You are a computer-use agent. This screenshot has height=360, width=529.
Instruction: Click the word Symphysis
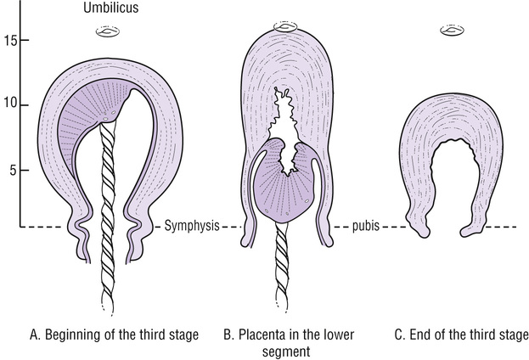click(191, 227)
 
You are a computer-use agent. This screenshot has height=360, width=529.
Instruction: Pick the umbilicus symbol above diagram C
click(452, 31)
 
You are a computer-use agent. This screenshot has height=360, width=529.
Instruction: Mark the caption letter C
click(400, 335)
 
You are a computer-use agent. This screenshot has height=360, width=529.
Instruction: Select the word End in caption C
click(421, 335)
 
